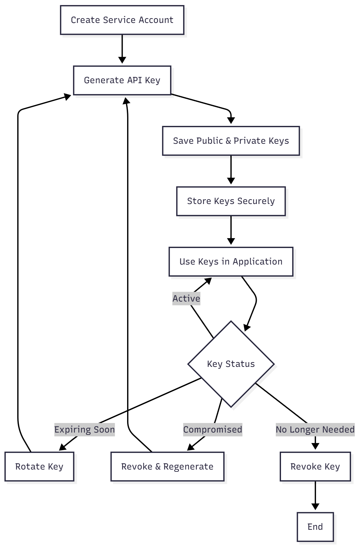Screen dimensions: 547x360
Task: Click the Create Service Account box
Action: coord(122,20)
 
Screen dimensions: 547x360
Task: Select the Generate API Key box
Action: coord(122,80)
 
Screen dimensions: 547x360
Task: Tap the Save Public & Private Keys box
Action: coord(231,141)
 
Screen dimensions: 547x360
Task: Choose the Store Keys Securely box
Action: coord(231,201)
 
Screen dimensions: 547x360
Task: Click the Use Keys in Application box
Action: coord(231,262)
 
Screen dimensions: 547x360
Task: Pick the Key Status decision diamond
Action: coord(231,364)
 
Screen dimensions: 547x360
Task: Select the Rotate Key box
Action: coord(39,466)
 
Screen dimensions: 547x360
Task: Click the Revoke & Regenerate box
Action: coord(167,466)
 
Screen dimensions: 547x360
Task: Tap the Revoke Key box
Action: coord(315,466)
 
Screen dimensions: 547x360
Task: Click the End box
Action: coord(315,527)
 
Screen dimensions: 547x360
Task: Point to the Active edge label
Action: coord(186,299)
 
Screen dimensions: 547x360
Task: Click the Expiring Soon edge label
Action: coord(84,430)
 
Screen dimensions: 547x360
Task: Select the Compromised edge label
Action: coord(212,430)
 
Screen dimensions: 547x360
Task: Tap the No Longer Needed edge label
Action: coord(315,430)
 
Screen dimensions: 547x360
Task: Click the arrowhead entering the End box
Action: coord(315,507)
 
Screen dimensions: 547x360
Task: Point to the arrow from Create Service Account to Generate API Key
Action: coord(122,48)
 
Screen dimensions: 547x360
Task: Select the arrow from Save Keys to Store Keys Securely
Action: coord(231,169)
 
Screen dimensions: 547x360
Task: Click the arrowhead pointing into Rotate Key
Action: coord(63,448)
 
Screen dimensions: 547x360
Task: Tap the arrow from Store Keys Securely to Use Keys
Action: coord(231,230)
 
